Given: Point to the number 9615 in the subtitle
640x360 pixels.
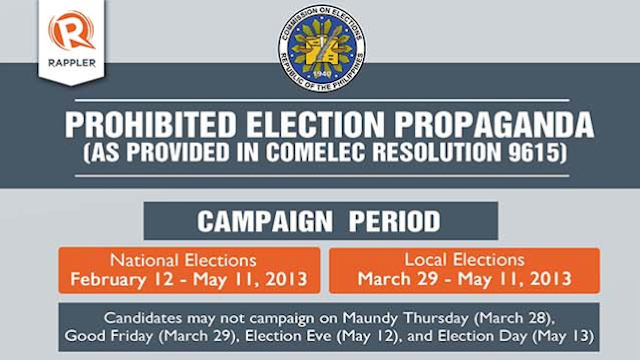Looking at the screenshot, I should tap(496, 157).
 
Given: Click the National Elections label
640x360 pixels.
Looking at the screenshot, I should tap(189, 260).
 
